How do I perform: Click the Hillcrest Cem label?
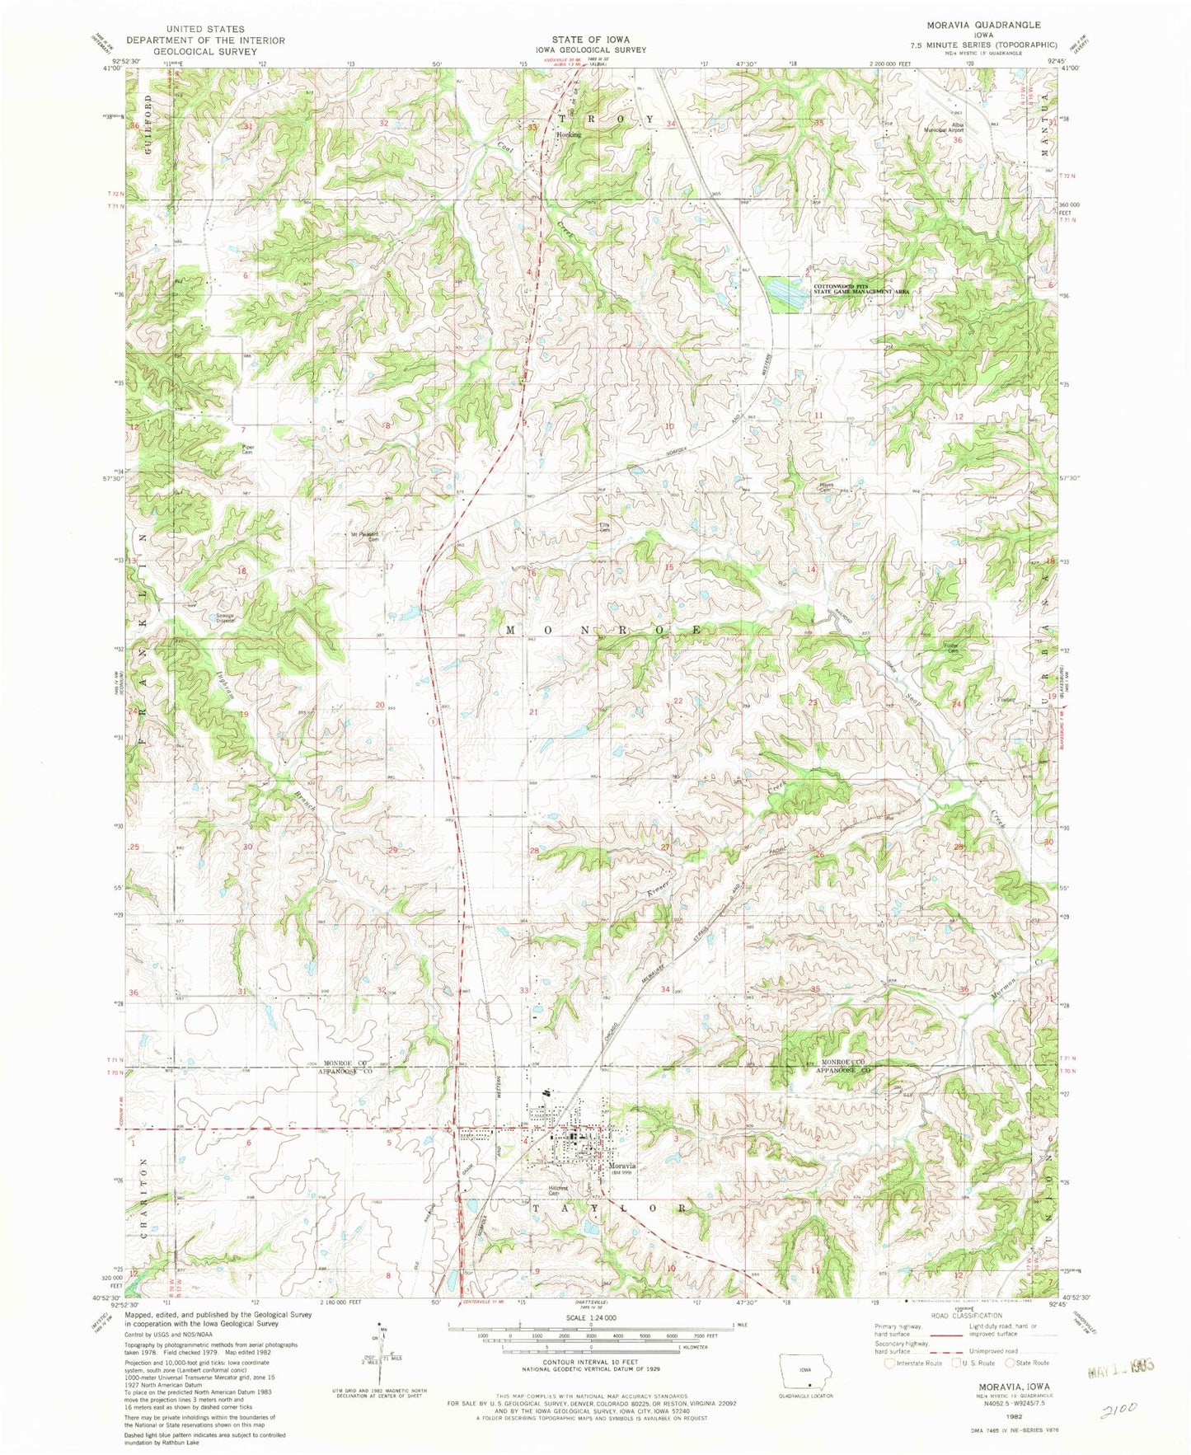click(560, 1190)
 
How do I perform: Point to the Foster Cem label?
click(953, 649)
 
